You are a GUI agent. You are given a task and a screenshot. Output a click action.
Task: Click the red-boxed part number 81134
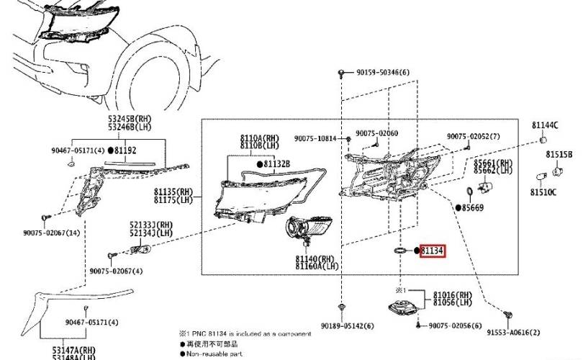432,251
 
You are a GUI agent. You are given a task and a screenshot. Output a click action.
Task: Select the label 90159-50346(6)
383,73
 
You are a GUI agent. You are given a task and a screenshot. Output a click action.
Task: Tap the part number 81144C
545,125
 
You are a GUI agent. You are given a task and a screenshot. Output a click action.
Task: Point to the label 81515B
559,155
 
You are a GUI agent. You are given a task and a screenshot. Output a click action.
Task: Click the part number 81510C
543,192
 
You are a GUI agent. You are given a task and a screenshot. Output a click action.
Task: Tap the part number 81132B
276,165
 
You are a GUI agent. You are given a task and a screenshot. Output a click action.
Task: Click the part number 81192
125,150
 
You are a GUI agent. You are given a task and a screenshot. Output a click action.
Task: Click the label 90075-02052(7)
472,136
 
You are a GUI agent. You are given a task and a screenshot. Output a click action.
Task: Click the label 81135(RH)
173,193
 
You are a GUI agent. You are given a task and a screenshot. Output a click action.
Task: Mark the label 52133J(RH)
152,225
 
